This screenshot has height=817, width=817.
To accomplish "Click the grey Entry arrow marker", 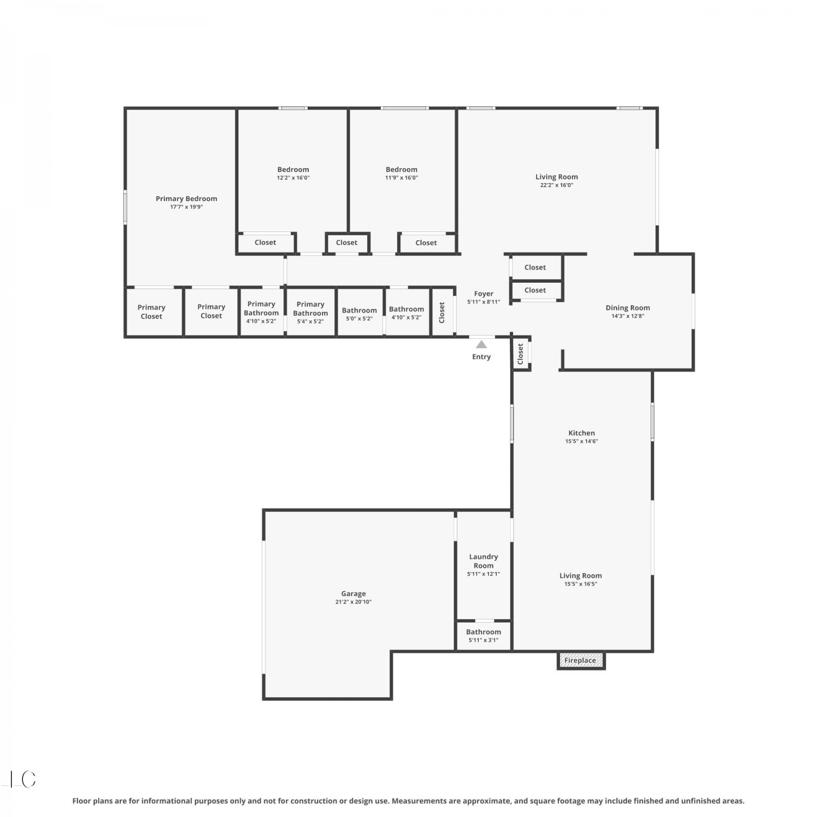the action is pyautogui.click(x=481, y=344).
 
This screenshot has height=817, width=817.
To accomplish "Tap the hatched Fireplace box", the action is pyautogui.click(x=581, y=661).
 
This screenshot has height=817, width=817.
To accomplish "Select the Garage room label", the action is pyautogui.click(x=353, y=594).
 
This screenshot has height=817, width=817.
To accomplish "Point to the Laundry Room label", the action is pyautogui.click(x=484, y=561).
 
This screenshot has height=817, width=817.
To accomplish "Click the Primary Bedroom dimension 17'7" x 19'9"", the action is pyautogui.click(x=186, y=207).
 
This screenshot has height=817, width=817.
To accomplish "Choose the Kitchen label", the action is pyautogui.click(x=582, y=433).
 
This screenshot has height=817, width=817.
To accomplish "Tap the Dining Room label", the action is pyautogui.click(x=628, y=308).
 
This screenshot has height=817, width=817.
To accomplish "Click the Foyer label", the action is pyautogui.click(x=484, y=294).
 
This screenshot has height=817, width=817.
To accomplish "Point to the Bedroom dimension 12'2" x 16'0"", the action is pyautogui.click(x=293, y=178).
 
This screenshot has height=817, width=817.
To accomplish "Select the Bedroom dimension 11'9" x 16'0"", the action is pyautogui.click(x=401, y=178).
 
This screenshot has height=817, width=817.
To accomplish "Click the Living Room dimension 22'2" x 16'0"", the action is pyautogui.click(x=557, y=185).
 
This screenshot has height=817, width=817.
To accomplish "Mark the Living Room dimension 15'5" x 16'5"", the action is pyautogui.click(x=581, y=584).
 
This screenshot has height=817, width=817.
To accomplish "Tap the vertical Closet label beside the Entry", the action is pyautogui.click(x=521, y=354).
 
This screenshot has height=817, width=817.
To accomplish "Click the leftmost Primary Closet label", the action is pyautogui.click(x=151, y=312).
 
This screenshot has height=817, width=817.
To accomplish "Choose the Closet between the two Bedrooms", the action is pyautogui.click(x=347, y=243).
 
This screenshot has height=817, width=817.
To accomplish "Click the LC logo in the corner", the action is pyautogui.click(x=20, y=779).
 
